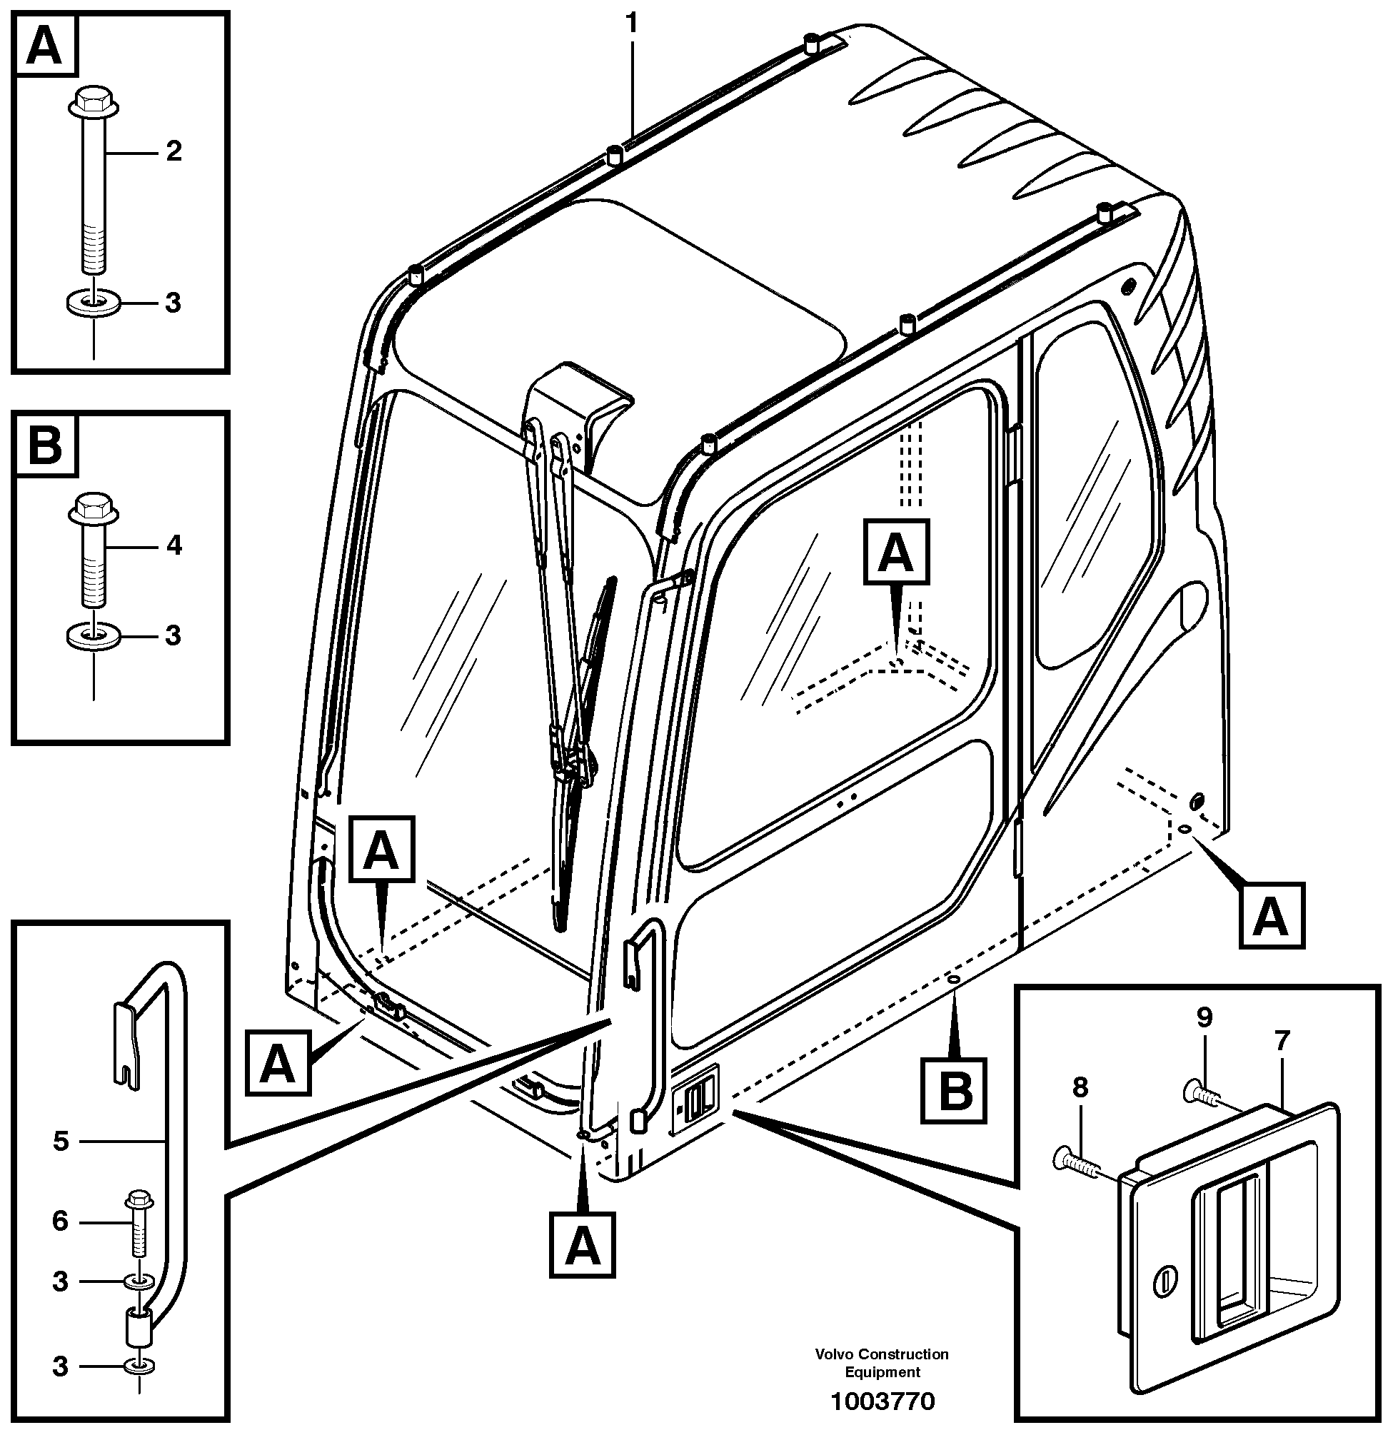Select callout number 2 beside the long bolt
173,151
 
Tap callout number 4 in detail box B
173,545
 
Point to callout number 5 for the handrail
61,1142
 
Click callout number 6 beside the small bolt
60,1221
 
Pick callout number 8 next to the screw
1080,1087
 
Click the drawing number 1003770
882,1401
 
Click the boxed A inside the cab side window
896,552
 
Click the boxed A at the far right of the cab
1272,916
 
